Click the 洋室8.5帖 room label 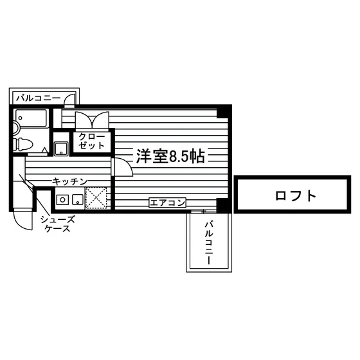pyautogui.click(x=170, y=156)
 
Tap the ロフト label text pyautogui.click(x=296, y=196)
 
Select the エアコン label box pyautogui.click(x=167, y=203)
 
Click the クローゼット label pyautogui.click(x=91, y=141)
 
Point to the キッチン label pyautogui.click(x=69, y=182)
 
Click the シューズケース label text pyautogui.click(x=58, y=224)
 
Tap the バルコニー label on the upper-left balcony pyautogui.click(x=39, y=98)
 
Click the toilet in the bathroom pyautogui.click(x=22, y=145)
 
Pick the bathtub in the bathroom pyautogui.click(x=31, y=118)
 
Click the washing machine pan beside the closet pyautogui.click(x=61, y=148)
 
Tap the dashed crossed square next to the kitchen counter pyautogui.click(x=96, y=198)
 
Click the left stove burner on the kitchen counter pyautogui.click(x=63, y=199)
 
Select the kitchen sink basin pyautogui.click(x=78, y=199)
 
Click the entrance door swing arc pyautogui.click(x=22, y=221)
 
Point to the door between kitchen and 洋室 pyautogui.click(x=123, y=167)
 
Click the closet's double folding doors pyautogui.click(x=92, y=120)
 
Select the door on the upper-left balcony pyautogui.click(x=70, y=100)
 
